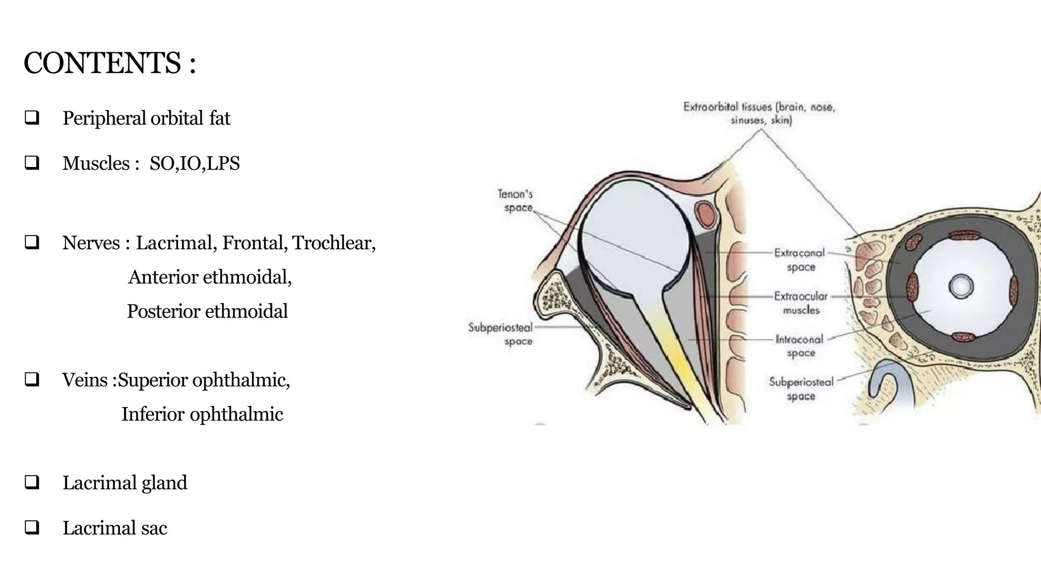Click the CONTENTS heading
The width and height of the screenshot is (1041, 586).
coord(110,63)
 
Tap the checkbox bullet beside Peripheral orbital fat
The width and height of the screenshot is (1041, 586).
coord(32,118)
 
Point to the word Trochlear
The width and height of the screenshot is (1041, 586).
coord(334,243)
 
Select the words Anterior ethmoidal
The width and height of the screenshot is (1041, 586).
coord(210,277)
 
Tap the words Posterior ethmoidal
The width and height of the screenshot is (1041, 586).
coord(207,311)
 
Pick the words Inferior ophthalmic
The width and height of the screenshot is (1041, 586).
coord(202,415)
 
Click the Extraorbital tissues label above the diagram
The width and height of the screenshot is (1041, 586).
coord(759,113)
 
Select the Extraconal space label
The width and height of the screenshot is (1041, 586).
coord(800,260)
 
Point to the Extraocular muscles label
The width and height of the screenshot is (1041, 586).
coord(801,303)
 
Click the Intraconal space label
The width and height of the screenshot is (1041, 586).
coord(800,346)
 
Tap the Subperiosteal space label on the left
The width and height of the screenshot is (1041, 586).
coord(501,334)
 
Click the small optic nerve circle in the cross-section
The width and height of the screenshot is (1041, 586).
coord(961,286)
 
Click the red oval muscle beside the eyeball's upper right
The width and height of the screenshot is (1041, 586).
coord(705,214)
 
